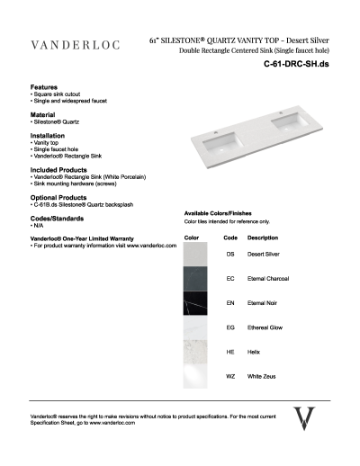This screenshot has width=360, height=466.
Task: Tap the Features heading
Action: [x=44, y=86]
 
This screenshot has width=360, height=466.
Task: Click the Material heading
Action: [x=42, y=115]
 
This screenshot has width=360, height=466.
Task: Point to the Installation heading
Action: [x=49, y=136]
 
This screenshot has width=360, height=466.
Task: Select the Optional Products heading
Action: [x=58, y=197]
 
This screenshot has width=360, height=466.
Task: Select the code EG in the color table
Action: [x=230, y=328]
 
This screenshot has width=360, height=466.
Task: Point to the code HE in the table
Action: [x=230, y=353]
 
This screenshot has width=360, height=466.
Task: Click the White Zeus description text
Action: [x=263, y=376]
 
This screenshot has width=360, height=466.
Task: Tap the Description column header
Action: [x=262, y=237]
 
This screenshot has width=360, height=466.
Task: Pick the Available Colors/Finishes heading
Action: [x=222, y=212]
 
